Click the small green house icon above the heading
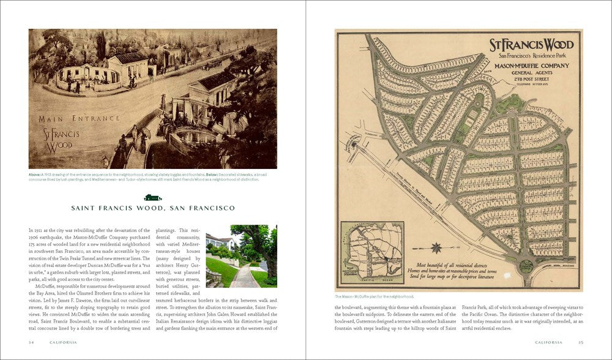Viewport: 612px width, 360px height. [x=152, y=197]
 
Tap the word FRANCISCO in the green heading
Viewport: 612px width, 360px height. [x=207, y=208]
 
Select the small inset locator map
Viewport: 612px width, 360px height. [x=372, y=252]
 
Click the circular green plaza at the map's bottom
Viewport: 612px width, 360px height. [x=526, y=266]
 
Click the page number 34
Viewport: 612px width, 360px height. [x=31, y=342]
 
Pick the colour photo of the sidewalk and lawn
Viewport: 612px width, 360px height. [x=241, y=256]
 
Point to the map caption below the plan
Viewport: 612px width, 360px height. [x=375, y=296]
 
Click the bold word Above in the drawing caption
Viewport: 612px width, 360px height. [x=34, y=174]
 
